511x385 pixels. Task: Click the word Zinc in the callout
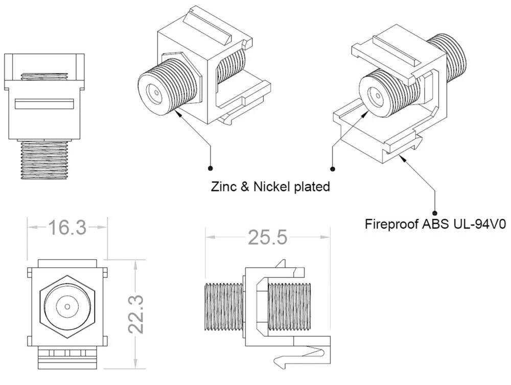(x=223, y=187)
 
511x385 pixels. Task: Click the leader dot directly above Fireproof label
(x=435, y=213)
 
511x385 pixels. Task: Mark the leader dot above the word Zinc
(x=211, y=168)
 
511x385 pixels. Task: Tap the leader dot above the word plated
(x=333, y=168)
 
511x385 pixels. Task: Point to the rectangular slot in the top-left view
(x=44, y=104)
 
